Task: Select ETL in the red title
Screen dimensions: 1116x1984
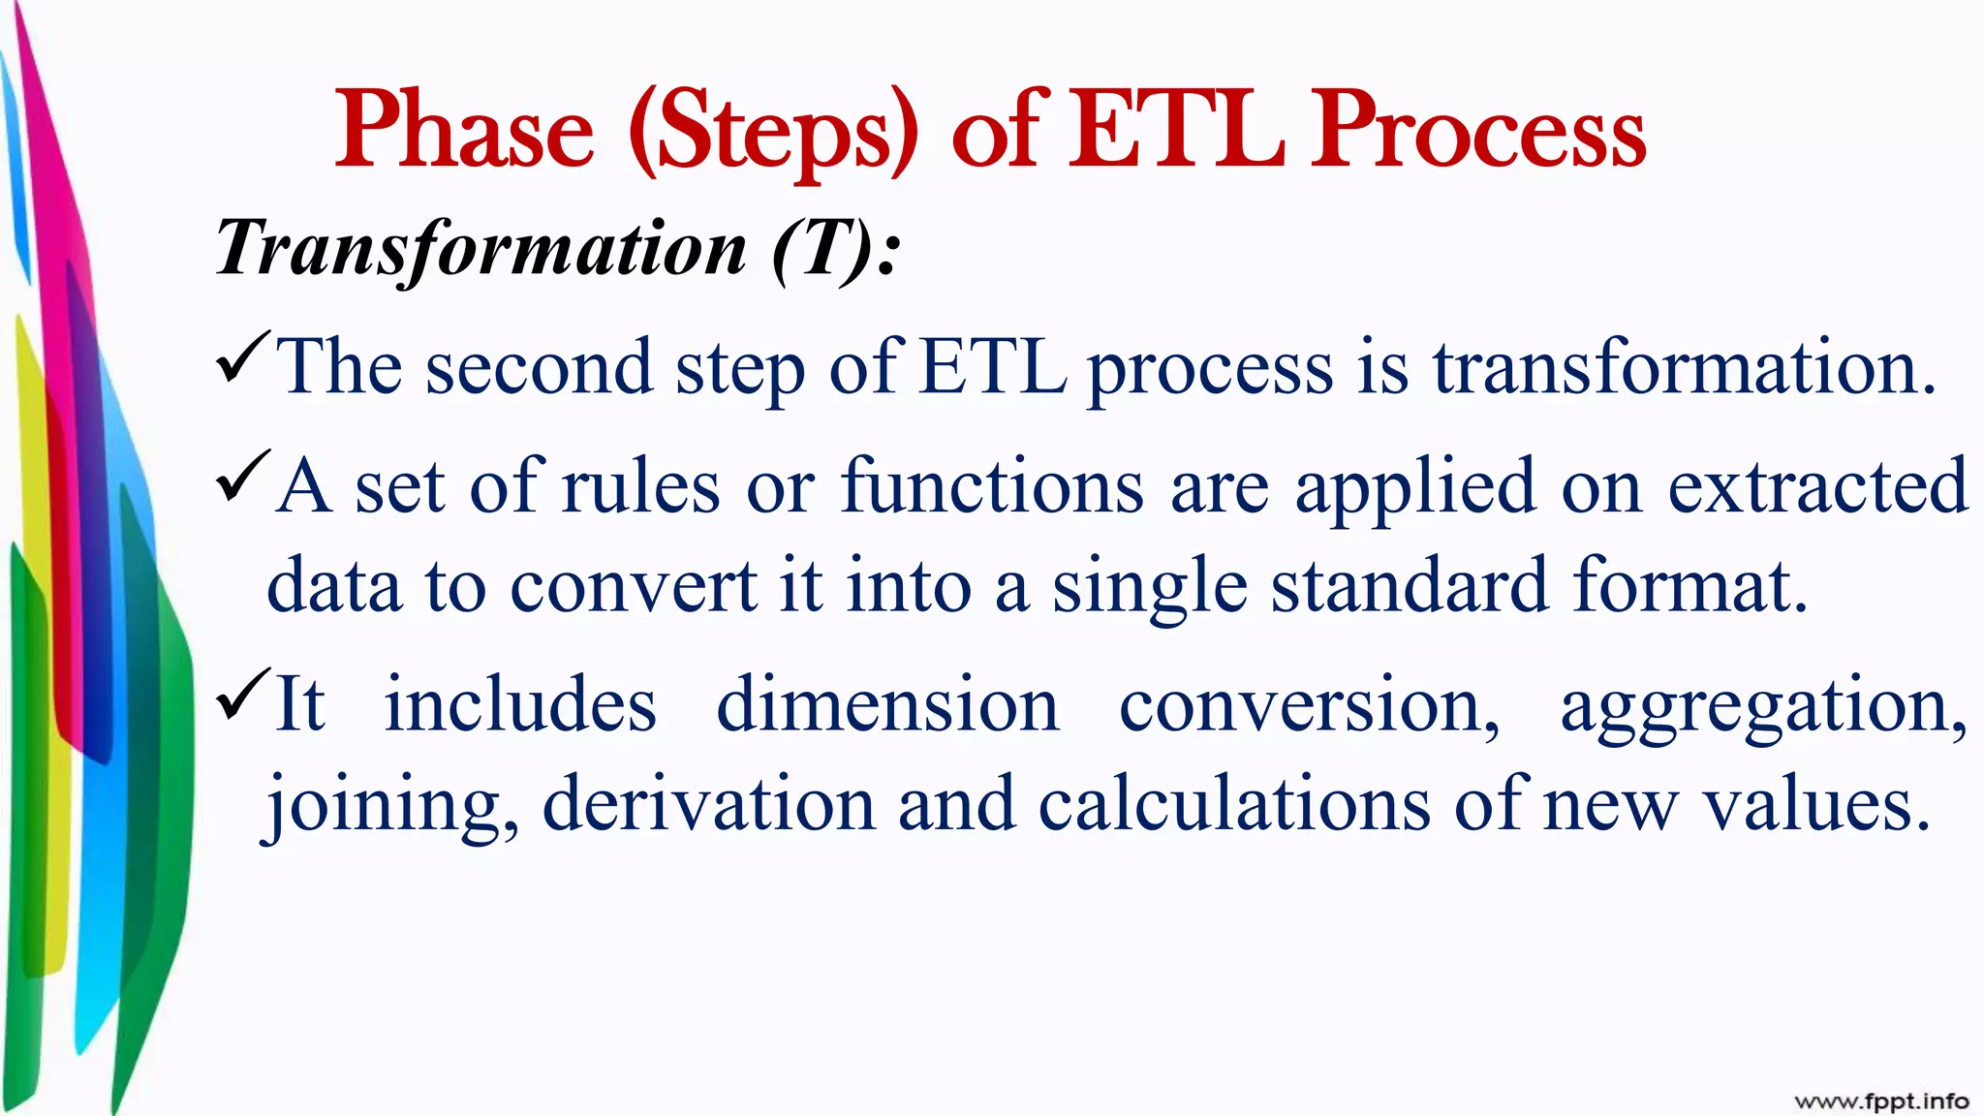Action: [x=1176, y=131]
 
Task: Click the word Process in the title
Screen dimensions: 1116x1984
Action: [x=1477, y=131]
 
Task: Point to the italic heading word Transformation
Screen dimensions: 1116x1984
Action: [x=481, y=249]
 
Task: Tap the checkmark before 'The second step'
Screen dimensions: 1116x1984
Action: [x=241, y=356]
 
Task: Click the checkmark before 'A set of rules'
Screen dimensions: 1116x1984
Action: [x=241, y=476]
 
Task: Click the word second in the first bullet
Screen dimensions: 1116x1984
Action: [x=539, y=369]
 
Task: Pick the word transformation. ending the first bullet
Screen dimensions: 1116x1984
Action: [x=1684, y=369]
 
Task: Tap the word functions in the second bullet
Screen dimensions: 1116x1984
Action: [x=992, y=487]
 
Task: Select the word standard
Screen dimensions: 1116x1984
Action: [x=1410, y=587]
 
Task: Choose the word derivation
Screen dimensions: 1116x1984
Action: [x=708, y=804]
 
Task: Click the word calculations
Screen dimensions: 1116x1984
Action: [x=1233, y=804]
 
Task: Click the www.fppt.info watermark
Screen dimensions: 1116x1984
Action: [x=1881, y=1101]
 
